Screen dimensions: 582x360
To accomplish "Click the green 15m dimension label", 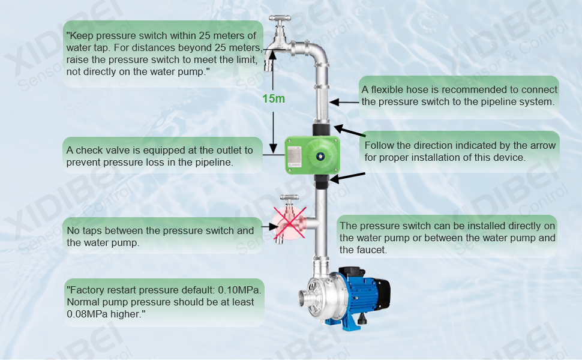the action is point(274,99).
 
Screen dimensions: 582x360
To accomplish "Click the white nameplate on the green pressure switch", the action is point(295,156).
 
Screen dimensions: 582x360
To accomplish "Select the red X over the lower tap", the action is point(290,223).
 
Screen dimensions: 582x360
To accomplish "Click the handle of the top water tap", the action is point(280,18).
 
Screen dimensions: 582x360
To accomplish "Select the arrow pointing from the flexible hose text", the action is point(344,102).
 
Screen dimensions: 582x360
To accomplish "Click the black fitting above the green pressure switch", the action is point(322,130).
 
